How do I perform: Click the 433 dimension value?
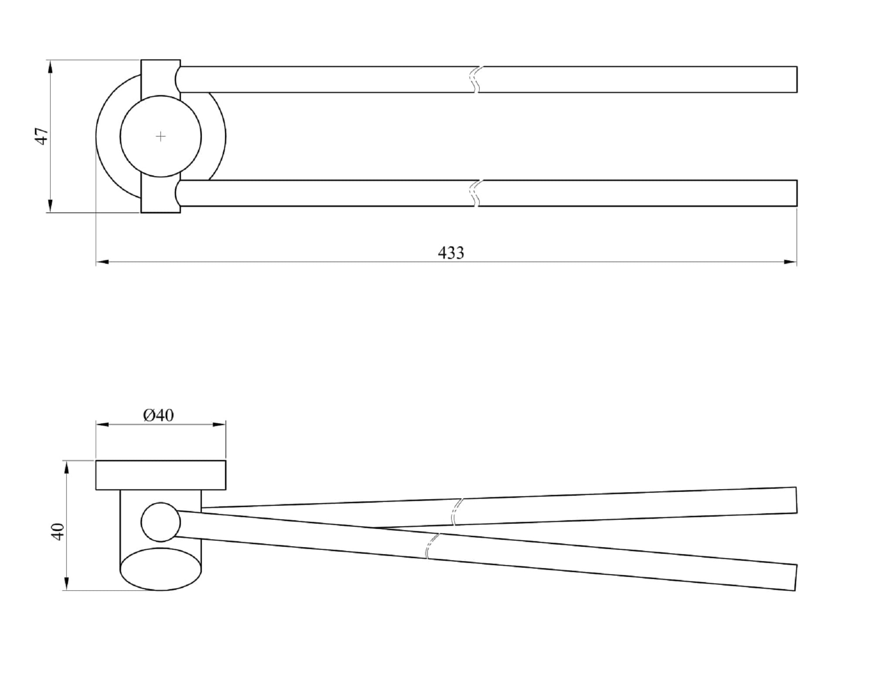pos(451,253)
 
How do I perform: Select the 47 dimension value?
pos(42,136)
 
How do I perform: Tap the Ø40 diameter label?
pos(158,416)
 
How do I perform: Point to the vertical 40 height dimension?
pos(58,532)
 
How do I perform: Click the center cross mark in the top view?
pos(160,136)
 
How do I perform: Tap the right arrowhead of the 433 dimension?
pos(790,262)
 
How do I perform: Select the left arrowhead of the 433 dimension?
pos(102,262)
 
